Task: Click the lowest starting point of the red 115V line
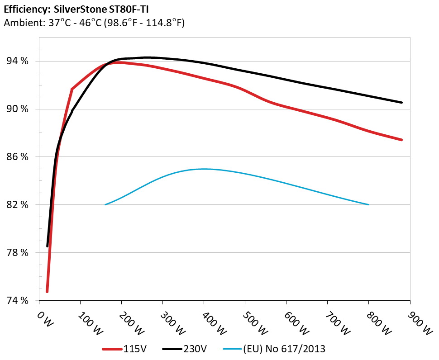47,292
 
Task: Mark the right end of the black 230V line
401,103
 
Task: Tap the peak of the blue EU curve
204,169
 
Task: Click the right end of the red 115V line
401,140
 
